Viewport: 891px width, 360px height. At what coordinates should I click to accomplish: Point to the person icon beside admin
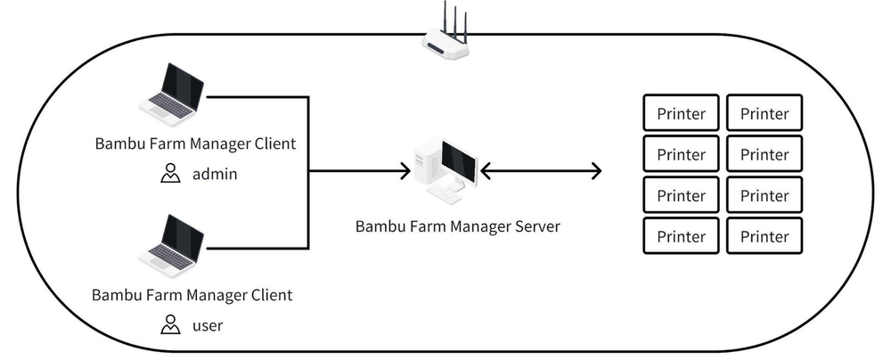pos(169,174)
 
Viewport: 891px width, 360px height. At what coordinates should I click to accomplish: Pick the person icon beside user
pos(169,325)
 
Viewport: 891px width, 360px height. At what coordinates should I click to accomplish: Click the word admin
pos(215,174)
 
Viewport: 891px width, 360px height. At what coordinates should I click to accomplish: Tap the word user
pos(208,325)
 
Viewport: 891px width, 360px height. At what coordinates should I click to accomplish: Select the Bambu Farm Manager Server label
pos(458,226)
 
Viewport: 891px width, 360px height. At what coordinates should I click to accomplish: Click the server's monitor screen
pos(459,161)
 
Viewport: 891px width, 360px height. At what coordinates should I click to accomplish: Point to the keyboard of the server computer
pos(443,192)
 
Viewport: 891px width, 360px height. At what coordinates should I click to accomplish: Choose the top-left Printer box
pos(681,113)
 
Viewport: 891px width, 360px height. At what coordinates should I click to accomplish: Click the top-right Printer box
pos(764,113)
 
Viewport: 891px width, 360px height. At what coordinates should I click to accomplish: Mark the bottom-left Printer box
pos(681,236)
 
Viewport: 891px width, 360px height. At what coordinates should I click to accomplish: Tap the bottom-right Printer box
pos(764,236)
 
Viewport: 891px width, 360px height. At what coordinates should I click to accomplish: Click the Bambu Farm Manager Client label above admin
pos(193,143)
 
